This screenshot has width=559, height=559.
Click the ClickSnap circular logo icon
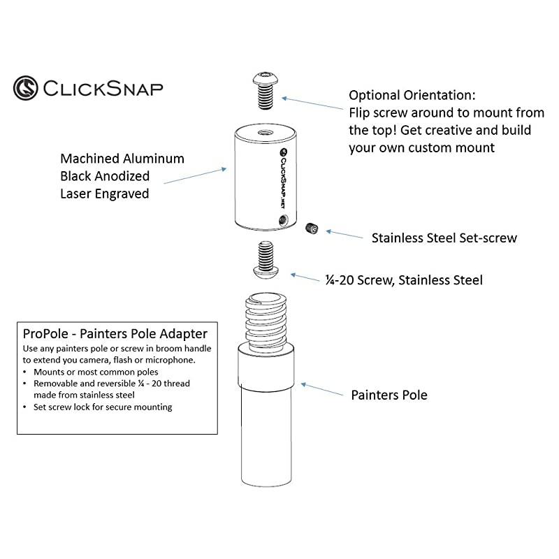[x=26, y=88]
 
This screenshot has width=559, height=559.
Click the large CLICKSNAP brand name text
[x=103, y=89]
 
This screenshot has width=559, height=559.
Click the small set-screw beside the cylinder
[x=312, y=228]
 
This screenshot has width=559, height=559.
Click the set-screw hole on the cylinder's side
[x=282, y=221]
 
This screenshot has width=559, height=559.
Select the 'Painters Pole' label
[x=389, y=395]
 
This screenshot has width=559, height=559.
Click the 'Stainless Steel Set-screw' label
[x=444, y=238]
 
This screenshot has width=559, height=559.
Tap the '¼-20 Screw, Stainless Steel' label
[x=404, y=280]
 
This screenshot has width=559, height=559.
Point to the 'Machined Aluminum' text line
[x=122, y=159]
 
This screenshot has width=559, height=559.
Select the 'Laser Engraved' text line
[x=105, y=194]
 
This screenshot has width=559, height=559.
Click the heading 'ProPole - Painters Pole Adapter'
[x=115, y=335]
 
